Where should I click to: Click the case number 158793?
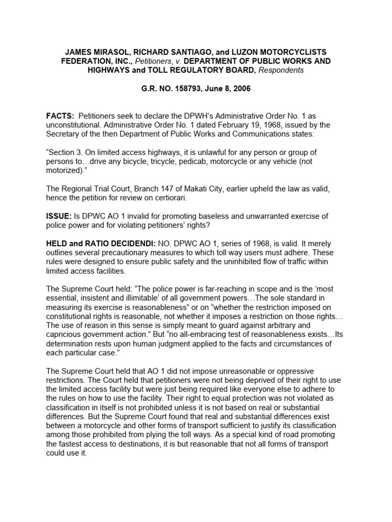click(x=186, y=89)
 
